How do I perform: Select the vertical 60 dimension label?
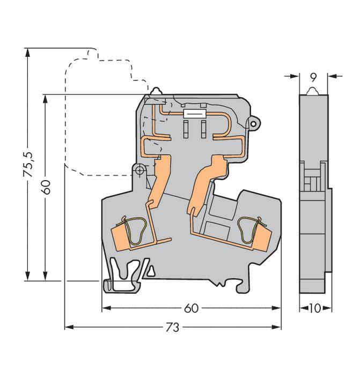(x=47, y=187)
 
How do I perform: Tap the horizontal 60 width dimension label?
(x=191, y=308)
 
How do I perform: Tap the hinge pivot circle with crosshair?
(x=139, y=171)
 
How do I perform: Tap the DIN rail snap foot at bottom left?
(x=120, y=276)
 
